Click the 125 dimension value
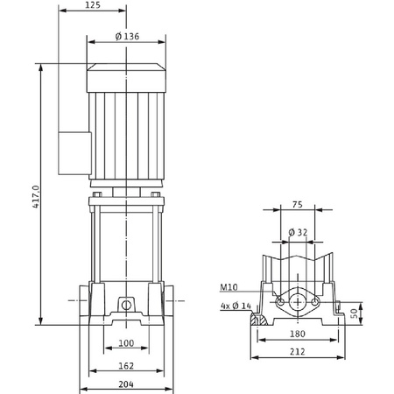(x=93, y=5)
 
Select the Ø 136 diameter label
(x=127, y=37)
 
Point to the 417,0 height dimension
(x=35, y=197)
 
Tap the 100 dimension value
(x=126, y=343)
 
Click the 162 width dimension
(x=126, y=366)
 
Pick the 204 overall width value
(x=126, y=384)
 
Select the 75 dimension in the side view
(x=298, y=205)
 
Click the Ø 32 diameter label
(x=298, y=232)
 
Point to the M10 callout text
(x=229, y=287)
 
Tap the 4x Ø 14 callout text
(x=236, y=306)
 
